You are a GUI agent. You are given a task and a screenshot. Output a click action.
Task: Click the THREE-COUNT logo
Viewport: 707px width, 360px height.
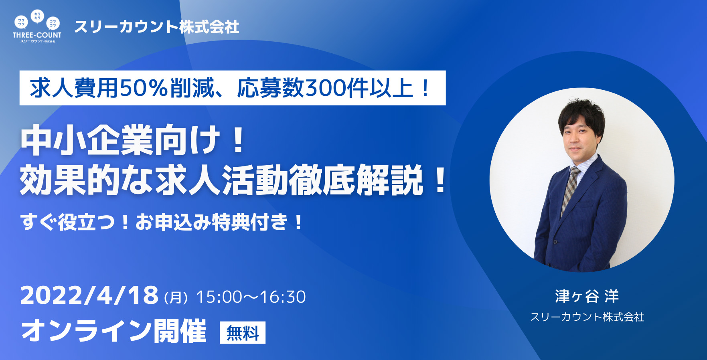37,26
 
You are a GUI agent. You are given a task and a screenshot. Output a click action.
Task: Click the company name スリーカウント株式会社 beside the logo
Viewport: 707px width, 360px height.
157,27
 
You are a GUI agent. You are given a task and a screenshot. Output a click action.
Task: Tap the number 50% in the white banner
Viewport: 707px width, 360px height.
144,88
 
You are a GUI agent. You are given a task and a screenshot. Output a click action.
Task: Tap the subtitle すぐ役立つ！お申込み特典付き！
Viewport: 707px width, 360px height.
162,222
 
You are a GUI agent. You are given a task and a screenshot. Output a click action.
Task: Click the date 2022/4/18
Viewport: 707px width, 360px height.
89,295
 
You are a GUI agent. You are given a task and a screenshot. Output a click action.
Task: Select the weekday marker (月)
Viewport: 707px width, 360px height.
176,297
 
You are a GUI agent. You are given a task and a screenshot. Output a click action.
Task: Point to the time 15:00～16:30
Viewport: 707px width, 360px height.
251,297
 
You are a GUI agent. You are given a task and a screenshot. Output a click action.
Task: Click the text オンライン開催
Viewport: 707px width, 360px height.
114,331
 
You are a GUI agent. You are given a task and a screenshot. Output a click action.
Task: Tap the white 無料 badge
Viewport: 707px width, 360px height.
243,332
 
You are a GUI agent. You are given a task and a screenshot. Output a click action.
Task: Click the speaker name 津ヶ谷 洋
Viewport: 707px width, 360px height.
587,296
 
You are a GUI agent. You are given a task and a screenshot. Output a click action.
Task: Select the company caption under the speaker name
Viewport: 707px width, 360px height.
587,317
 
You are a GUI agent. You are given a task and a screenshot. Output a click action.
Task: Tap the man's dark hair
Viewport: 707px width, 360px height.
581,114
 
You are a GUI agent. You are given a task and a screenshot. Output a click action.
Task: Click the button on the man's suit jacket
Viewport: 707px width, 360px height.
555,241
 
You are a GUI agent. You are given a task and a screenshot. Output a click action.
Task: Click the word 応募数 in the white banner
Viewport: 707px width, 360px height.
271,88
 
